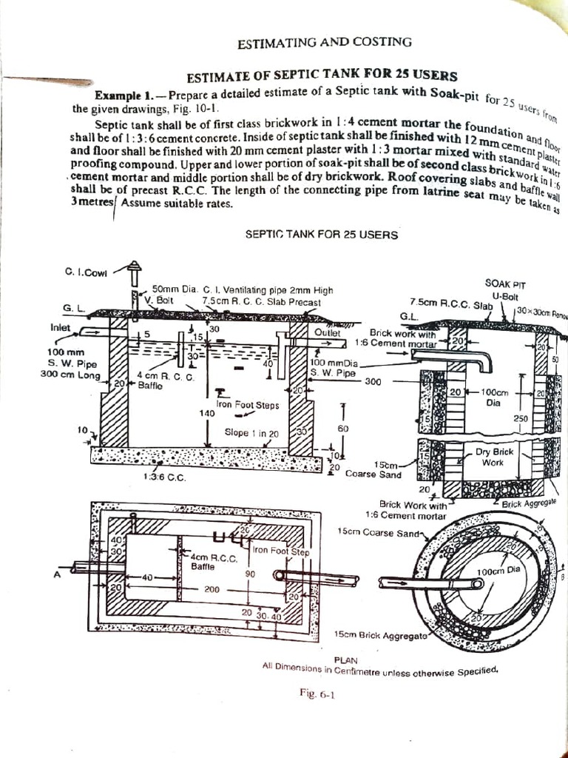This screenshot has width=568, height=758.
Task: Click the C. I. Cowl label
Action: click(x=87, y=272)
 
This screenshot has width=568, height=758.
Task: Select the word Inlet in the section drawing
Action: click(x=61, y=326)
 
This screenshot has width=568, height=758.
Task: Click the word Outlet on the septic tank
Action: click(x=327, y=333)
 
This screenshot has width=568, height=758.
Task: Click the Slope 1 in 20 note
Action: click(x=252, y=432)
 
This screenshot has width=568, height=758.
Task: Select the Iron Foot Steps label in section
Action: click(x=248, y=405)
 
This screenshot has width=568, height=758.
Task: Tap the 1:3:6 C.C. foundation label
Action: click(x=165, y=477)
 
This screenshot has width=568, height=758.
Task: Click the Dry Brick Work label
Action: click(x=494, y=457)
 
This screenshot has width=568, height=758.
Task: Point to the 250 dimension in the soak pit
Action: click(x=518, y=419)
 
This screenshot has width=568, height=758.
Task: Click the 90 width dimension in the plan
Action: click(x=250, y=574)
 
